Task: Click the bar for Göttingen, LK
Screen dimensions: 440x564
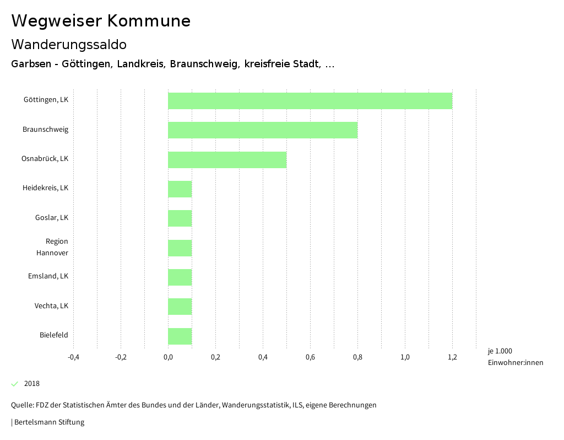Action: (x=310, y=101)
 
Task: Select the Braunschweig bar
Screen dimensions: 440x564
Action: (x=263, y=130)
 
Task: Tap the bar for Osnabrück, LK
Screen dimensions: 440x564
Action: (x=227, y=160)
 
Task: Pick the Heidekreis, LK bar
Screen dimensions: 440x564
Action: (x=180, y=189)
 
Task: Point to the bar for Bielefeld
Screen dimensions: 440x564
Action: (x=180, y=336)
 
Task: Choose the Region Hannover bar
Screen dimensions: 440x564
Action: (x=180, y=248)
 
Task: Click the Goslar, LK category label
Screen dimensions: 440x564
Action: (x=52, y=217)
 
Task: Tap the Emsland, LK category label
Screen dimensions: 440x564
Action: (x=48, y=276)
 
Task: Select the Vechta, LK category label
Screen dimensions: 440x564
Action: (x=51, y=305)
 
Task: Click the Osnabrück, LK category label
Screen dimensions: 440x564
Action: (x=45, y=159)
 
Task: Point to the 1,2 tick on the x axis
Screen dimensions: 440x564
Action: (x=452, y=357)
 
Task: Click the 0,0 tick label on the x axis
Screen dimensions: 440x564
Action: (x=168, y=357)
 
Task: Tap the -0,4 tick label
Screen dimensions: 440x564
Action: (x=73, y=357)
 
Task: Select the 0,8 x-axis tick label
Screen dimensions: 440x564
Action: (x=357, y=357)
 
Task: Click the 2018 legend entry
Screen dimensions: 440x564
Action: (x=32, y=384)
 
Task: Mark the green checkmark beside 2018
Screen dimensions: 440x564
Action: (x=15, y=384)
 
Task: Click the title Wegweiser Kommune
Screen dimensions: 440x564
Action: (x=101, y=21)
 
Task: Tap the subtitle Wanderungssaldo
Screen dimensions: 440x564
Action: (x=69, y=44)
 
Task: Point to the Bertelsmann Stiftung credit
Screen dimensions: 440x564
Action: (x=48, y=422)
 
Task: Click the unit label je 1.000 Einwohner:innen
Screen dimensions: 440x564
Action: (x=515, y=357)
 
